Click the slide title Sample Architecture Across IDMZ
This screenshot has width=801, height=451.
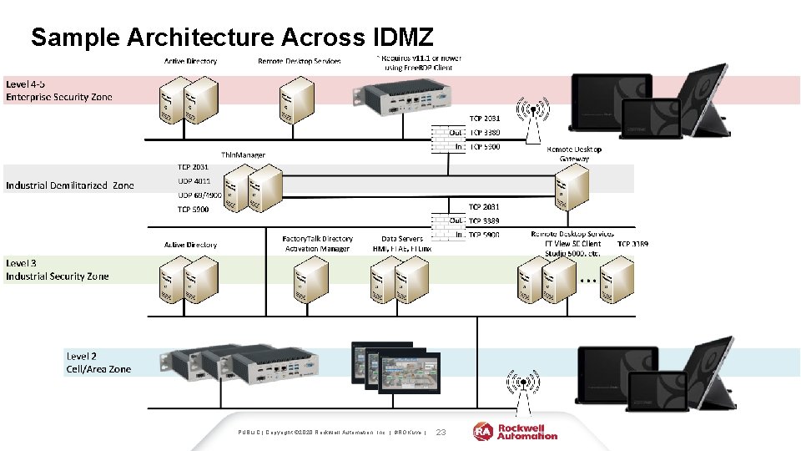click(232, 37)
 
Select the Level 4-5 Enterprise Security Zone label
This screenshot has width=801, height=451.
click(58, 90)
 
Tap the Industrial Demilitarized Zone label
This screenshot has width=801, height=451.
click(69, 185)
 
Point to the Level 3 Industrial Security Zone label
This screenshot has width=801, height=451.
click(57, 270)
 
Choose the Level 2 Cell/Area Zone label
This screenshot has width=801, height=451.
click(98, 362)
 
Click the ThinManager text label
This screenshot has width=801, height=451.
click(243, 155)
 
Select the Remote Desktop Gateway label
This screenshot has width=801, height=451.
click(573, 155)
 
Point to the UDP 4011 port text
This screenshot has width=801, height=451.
click(194, 180)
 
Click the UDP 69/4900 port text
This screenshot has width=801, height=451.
click(199, 195)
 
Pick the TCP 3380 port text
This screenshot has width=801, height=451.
click(485, 132)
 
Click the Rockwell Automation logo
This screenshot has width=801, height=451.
click(516, 431)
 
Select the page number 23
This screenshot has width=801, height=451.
click(442, 432)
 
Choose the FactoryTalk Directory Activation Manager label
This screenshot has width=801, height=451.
click(317, 243)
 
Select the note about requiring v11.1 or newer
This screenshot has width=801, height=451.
click(420, 63)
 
